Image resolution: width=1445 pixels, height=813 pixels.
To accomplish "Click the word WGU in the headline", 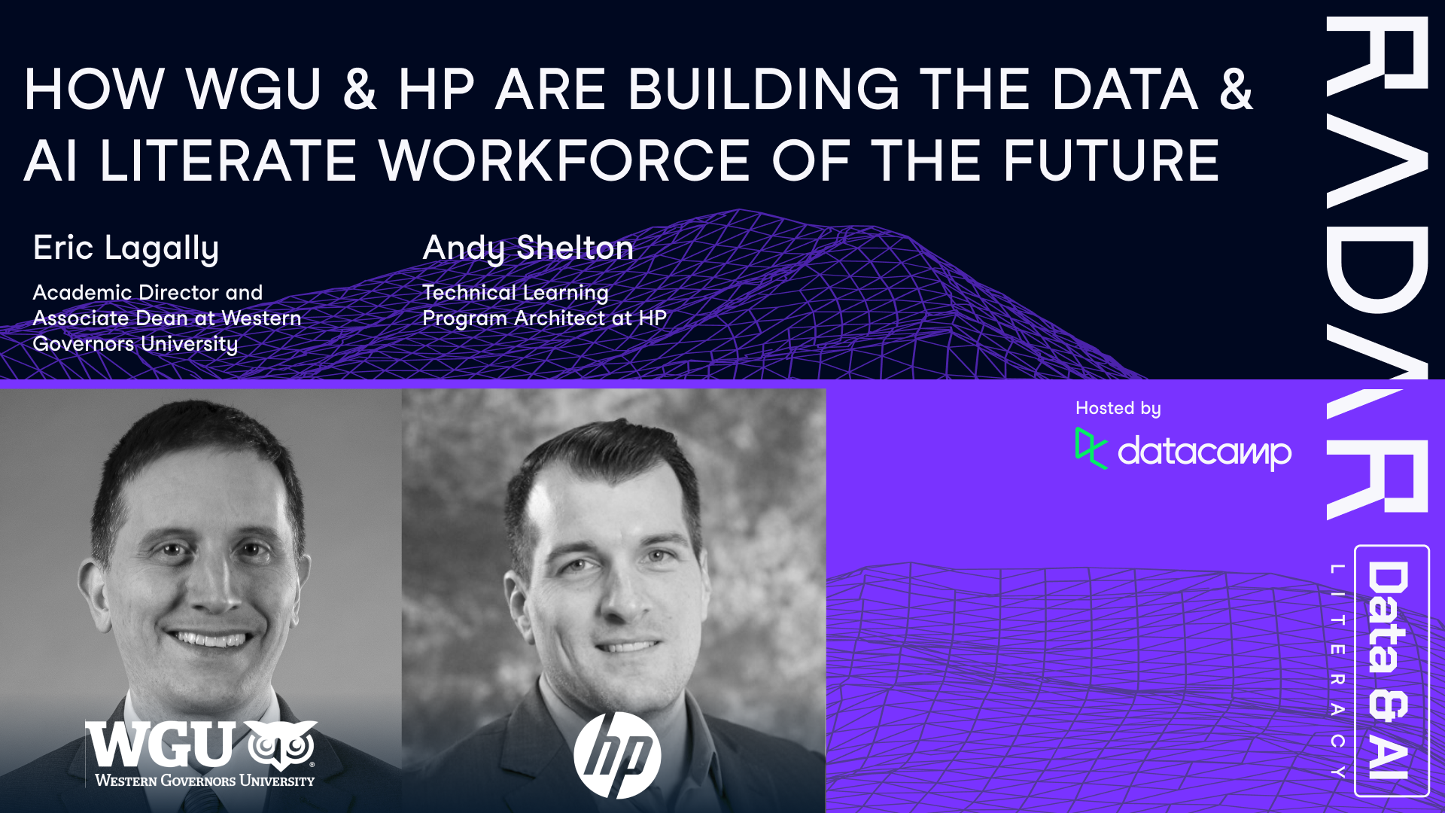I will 254,90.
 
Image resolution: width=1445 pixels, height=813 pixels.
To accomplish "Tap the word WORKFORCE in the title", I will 564,161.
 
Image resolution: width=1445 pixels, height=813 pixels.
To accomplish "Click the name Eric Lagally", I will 126,248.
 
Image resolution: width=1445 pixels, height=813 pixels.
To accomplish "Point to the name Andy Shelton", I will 528,248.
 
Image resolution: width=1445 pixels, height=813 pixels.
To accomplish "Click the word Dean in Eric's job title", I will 162,318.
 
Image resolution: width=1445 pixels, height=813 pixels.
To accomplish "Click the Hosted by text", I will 1118,409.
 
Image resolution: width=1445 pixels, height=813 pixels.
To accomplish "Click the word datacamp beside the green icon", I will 1204,452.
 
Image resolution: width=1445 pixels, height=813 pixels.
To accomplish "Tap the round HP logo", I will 617,755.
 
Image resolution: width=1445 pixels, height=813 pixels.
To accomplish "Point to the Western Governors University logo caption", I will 205,781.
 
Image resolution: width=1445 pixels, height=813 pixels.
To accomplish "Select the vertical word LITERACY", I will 1337,670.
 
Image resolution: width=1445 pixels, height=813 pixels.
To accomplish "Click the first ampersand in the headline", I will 360,90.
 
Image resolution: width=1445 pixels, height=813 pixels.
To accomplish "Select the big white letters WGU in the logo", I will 160,745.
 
